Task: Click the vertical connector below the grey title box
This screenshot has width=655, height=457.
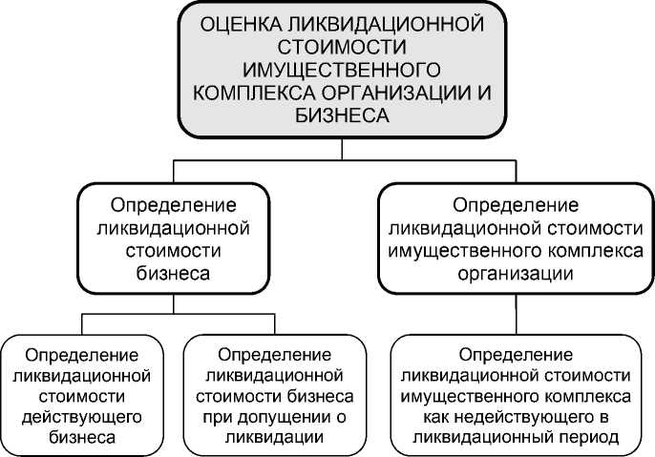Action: pos(342,150)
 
